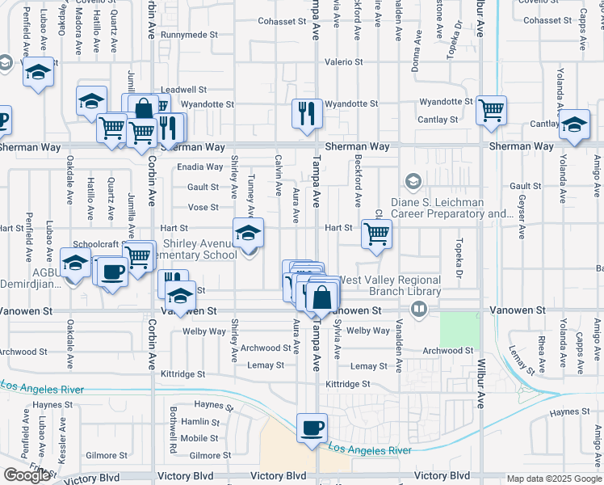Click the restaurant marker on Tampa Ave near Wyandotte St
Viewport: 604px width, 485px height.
(307, 113)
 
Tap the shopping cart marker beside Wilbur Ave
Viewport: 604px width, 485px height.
(491, 111)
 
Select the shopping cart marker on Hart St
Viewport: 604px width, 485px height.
(376, 234)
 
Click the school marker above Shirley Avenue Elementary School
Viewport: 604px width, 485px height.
(249, 233)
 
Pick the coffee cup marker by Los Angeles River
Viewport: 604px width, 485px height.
(311, 428)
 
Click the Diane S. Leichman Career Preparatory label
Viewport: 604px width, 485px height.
(452, 209)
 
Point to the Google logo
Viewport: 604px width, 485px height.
(27, 475)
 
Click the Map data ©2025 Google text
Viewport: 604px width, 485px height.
(554, 479)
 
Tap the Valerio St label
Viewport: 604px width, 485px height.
(344, 62)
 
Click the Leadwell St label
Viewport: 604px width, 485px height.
(184, 90)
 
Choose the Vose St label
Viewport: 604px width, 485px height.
(203, 208)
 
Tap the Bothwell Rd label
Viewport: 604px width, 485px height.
(174, 434)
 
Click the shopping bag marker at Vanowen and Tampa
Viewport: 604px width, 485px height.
(321, 297)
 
